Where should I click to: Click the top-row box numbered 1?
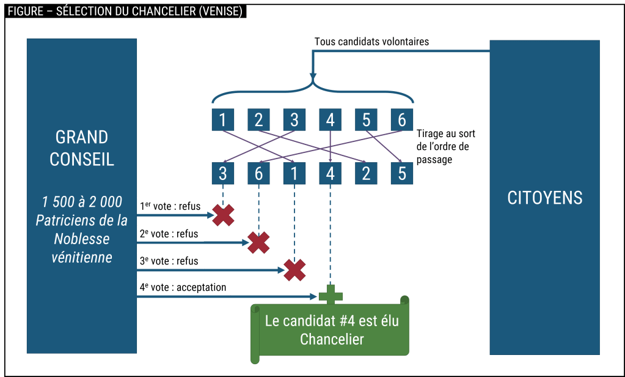pos(222,119)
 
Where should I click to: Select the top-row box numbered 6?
pos(401,119)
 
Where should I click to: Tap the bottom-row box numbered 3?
pos(222,174)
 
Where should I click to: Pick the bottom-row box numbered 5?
pos(401,174)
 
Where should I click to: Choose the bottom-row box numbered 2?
pos(365,174)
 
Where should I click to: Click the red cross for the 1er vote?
pos(223,214)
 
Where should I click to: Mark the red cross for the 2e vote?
pos(258,242)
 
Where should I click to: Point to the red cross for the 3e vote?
pos(294,270)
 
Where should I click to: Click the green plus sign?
pos(331,296)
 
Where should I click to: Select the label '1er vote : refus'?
pos(170,207)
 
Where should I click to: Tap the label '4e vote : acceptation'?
pos(185,287)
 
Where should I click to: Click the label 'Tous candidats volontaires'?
pos(371,42)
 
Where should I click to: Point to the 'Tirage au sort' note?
pos(447,146)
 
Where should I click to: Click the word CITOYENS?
pos(545,198)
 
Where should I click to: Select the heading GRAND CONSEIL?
pos(82,148)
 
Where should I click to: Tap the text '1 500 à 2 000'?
pos(82,202)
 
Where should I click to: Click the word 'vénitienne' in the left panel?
pos(82,257)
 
